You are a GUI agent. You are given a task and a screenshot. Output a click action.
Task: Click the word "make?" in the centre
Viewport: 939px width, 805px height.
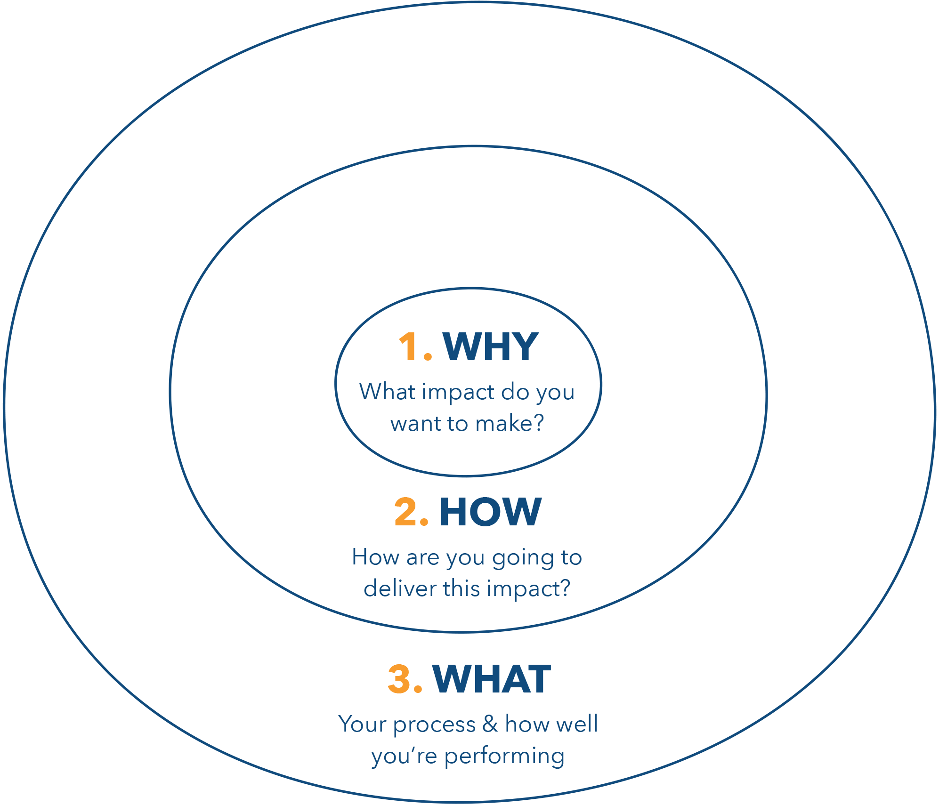tap(510, 424)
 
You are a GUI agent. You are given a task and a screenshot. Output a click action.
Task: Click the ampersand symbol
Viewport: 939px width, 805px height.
tap(490, 724)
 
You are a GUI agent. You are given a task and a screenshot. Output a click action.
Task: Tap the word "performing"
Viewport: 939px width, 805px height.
tap(504, 757)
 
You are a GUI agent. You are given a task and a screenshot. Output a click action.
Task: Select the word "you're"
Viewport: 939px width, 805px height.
tap(404, 757)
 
